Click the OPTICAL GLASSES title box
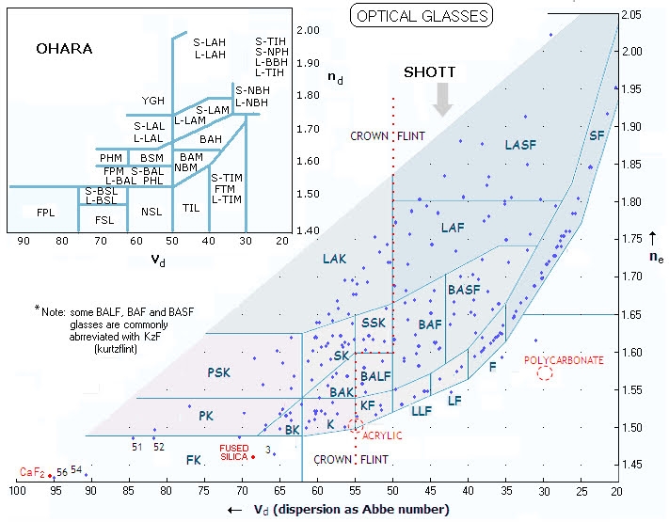tap(422, 16)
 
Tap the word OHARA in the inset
tap(64, 49)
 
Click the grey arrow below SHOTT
tap(442, 100)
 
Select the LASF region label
tap(520, 145)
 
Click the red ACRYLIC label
tap(382, 435)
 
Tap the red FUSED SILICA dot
tap(253, 457)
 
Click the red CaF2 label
tap(32, 472)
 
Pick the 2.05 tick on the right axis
tap(631, 15)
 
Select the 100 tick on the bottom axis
tap(17, 491)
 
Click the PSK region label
tap(219, 372)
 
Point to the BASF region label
tap(464, 290)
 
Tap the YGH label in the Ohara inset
tap(153, 101)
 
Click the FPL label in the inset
tap(46, 213)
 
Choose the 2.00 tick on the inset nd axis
tap(308, 30)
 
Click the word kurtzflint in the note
tap(116, 349)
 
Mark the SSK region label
tap(374, 323)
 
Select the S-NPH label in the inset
tap(272, 52)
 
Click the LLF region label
tap(422, 411)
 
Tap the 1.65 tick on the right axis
tap(631, 315)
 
